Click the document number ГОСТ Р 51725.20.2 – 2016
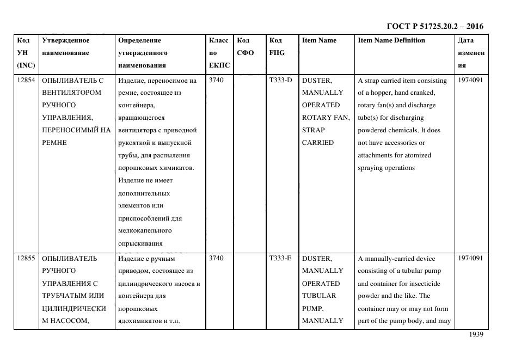coord(434,26)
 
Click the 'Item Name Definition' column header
coord(391,40)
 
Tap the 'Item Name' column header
coord(319,40)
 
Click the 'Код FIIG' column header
coord(277,46)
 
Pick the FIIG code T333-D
coord(280,80)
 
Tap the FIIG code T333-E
coord(280,258)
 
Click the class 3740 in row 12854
coord(216,80)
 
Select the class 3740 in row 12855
coord(216,258)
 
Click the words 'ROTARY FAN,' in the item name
coord(326,118)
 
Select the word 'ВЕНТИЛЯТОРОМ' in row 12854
coord(71,93)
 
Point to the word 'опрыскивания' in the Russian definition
coord(140,243)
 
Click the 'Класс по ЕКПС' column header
coord(219,53)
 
